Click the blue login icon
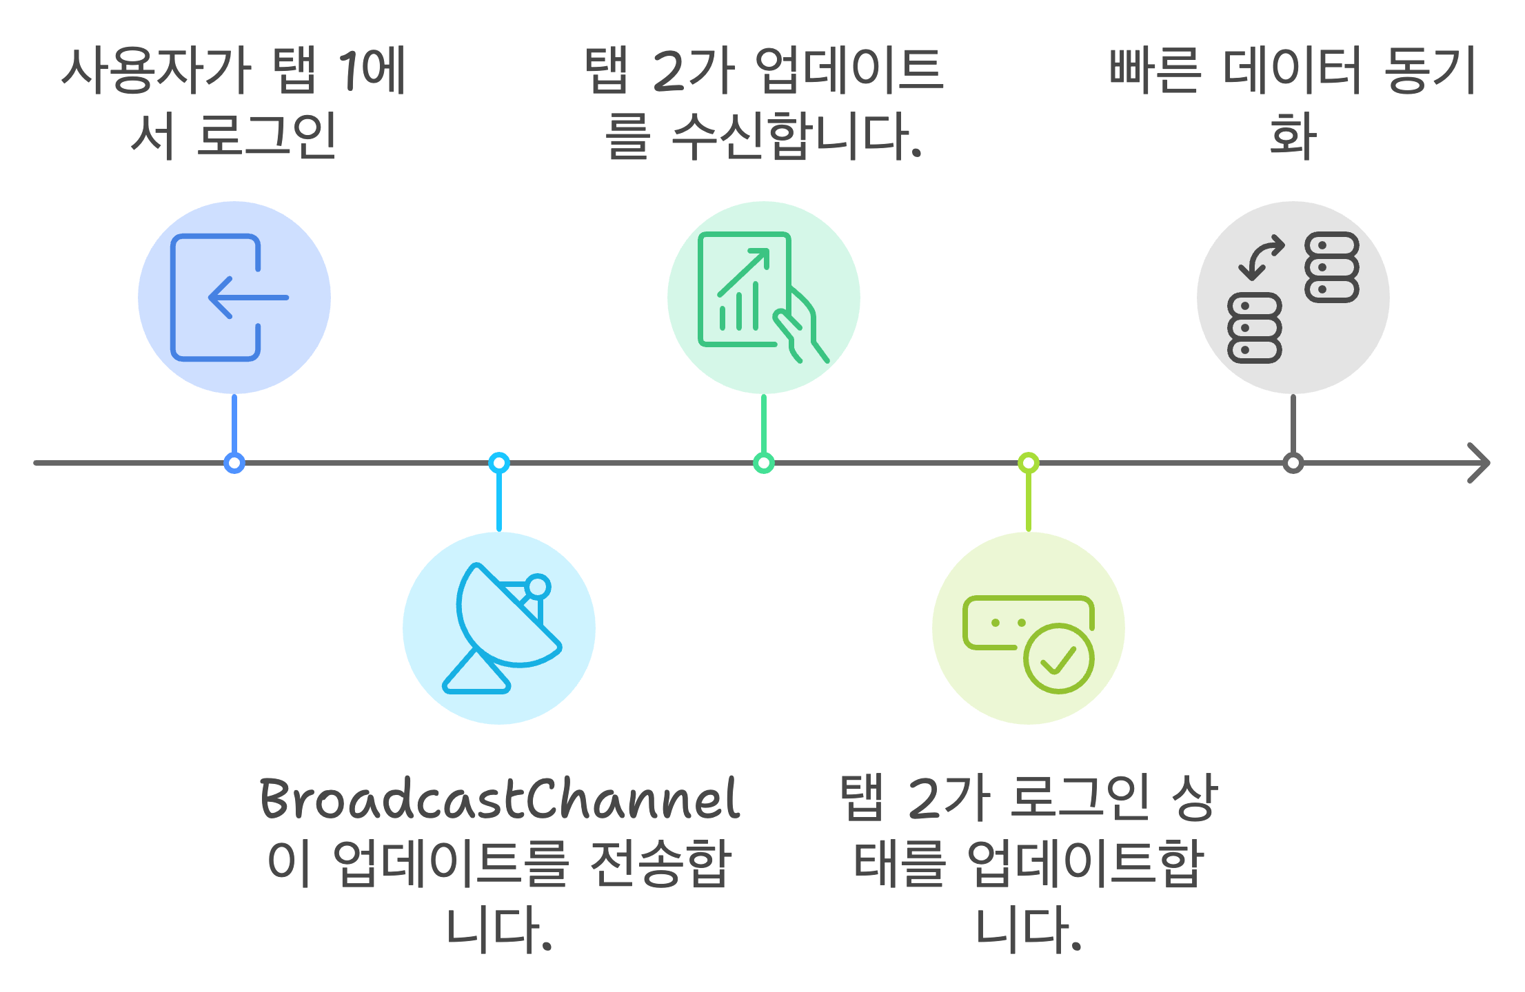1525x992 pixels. pos(228,298)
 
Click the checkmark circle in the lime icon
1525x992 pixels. pos(1058,659)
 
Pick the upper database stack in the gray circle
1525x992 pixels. pos(1331,267)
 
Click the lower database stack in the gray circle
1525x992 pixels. pos(1255,328)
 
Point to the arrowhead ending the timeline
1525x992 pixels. pos(1479,463)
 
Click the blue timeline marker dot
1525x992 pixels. pos(234,463)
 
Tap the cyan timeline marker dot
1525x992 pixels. pos(499,463)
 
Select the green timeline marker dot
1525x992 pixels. pos(764,463)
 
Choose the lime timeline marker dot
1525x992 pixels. pos(1029,463)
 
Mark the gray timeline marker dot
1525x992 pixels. pos(1293,463)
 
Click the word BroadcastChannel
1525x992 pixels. pos(499,799)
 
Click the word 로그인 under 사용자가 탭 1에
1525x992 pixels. pos(266,136)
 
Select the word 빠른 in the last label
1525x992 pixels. pos(1155,70)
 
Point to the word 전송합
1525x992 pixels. pos(660,862)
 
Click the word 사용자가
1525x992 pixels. pos(156,70)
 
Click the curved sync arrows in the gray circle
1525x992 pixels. pos(1262,258)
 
